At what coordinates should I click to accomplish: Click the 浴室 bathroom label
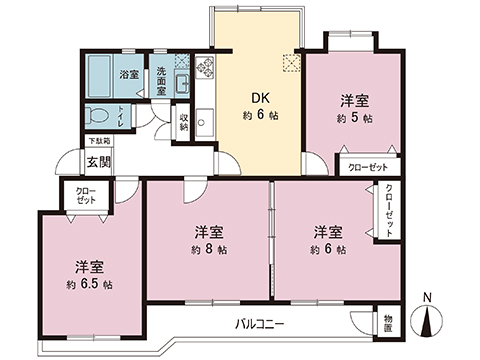(x=129, y=75)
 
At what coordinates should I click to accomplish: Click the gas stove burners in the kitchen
(x=206, y=68)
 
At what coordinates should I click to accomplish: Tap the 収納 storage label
(x=184, y=121)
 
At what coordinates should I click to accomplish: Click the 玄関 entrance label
(x=98, y=162)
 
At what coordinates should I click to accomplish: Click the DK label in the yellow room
(x=259, y=98)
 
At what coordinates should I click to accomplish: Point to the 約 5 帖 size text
(x=354, y=118)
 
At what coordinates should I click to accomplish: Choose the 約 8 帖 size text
(x=209, y=249)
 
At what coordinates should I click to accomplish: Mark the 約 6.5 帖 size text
(x=89, y=284)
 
